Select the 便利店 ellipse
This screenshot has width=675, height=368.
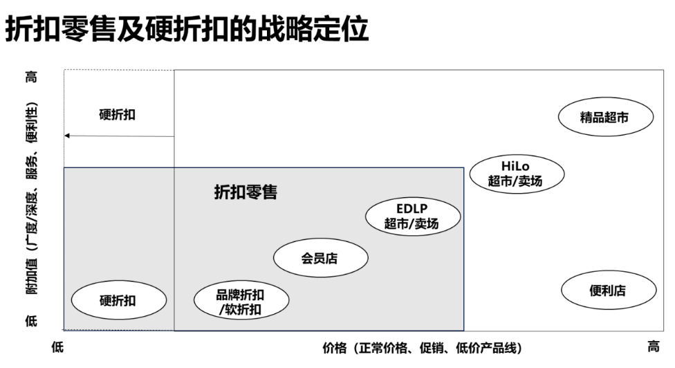click(607, 291)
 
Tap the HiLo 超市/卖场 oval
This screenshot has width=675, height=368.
click(517, 173)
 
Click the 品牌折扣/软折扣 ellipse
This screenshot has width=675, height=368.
click(241, 302)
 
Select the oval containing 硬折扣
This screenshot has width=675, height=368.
click(118, 301)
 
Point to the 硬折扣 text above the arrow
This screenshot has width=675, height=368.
click(118, 115)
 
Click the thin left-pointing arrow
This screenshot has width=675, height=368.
click(118, 136)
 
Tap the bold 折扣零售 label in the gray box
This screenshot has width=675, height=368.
click(246, 193)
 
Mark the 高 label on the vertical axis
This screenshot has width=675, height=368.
click(32, 77)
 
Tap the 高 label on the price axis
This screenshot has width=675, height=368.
click(652, 347)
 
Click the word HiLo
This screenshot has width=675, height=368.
click(516, 166)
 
